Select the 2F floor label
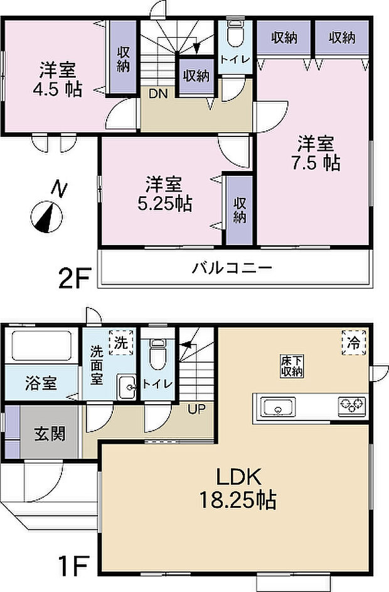click(x=76, y=277)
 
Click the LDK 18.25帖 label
click(x=237, y=488)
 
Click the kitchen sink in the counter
click(x=276, y=407)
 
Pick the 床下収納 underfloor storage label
click(x=292, y=366)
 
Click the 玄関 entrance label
click(x=50, y=434)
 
